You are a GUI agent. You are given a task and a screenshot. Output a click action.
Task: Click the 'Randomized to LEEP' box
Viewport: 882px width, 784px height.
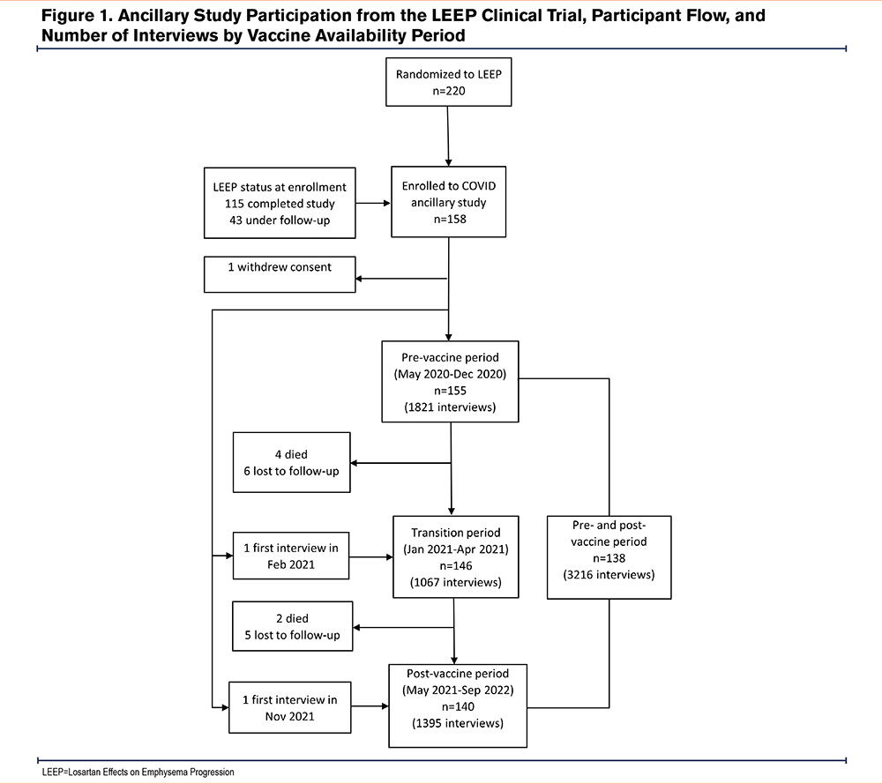[448, 82]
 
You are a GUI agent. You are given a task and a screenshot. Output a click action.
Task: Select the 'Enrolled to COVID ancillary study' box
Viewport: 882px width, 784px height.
[448, 202]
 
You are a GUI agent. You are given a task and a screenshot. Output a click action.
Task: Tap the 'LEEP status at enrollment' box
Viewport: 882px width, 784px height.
[280, 203]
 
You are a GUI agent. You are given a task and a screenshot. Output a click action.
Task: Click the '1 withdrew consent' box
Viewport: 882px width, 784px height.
[280, 274]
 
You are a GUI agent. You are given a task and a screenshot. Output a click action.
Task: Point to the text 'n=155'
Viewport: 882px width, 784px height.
[450, 391]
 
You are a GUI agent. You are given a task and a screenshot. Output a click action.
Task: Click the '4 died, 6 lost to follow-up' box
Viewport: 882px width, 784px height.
[291, 462]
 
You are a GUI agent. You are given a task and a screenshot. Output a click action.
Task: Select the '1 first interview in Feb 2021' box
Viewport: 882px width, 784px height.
[291, 556]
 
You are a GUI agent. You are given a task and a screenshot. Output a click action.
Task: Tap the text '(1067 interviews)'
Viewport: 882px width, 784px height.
[456, 583]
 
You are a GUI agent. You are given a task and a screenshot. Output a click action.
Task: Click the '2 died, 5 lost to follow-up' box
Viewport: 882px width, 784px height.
[293, 626]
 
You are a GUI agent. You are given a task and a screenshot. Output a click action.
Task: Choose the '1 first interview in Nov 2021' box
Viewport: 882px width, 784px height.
[289, 707]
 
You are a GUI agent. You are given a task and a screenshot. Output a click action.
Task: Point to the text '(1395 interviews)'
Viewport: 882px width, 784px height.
[458, 723]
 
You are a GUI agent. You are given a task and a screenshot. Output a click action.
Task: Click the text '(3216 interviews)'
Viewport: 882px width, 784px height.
[609, 575]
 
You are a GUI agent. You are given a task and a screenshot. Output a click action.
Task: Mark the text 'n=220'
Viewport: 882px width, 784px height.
[449, 91]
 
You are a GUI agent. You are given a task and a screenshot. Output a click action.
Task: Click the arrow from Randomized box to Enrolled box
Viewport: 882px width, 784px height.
[448, 136]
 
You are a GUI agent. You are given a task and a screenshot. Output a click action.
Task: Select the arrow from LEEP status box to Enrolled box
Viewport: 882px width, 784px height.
[373, 203]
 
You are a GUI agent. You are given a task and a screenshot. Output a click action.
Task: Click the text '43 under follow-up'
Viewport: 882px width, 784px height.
[280, 220]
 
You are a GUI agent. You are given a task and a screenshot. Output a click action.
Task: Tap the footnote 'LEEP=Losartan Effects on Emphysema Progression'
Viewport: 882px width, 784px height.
[138, 773]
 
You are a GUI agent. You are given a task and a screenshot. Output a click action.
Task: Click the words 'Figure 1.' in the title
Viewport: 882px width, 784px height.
[77, 16]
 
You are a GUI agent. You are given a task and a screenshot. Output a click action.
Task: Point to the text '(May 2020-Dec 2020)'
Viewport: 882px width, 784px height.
[450, 374]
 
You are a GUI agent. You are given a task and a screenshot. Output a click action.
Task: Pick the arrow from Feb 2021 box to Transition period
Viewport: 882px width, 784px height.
[371, 557]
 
